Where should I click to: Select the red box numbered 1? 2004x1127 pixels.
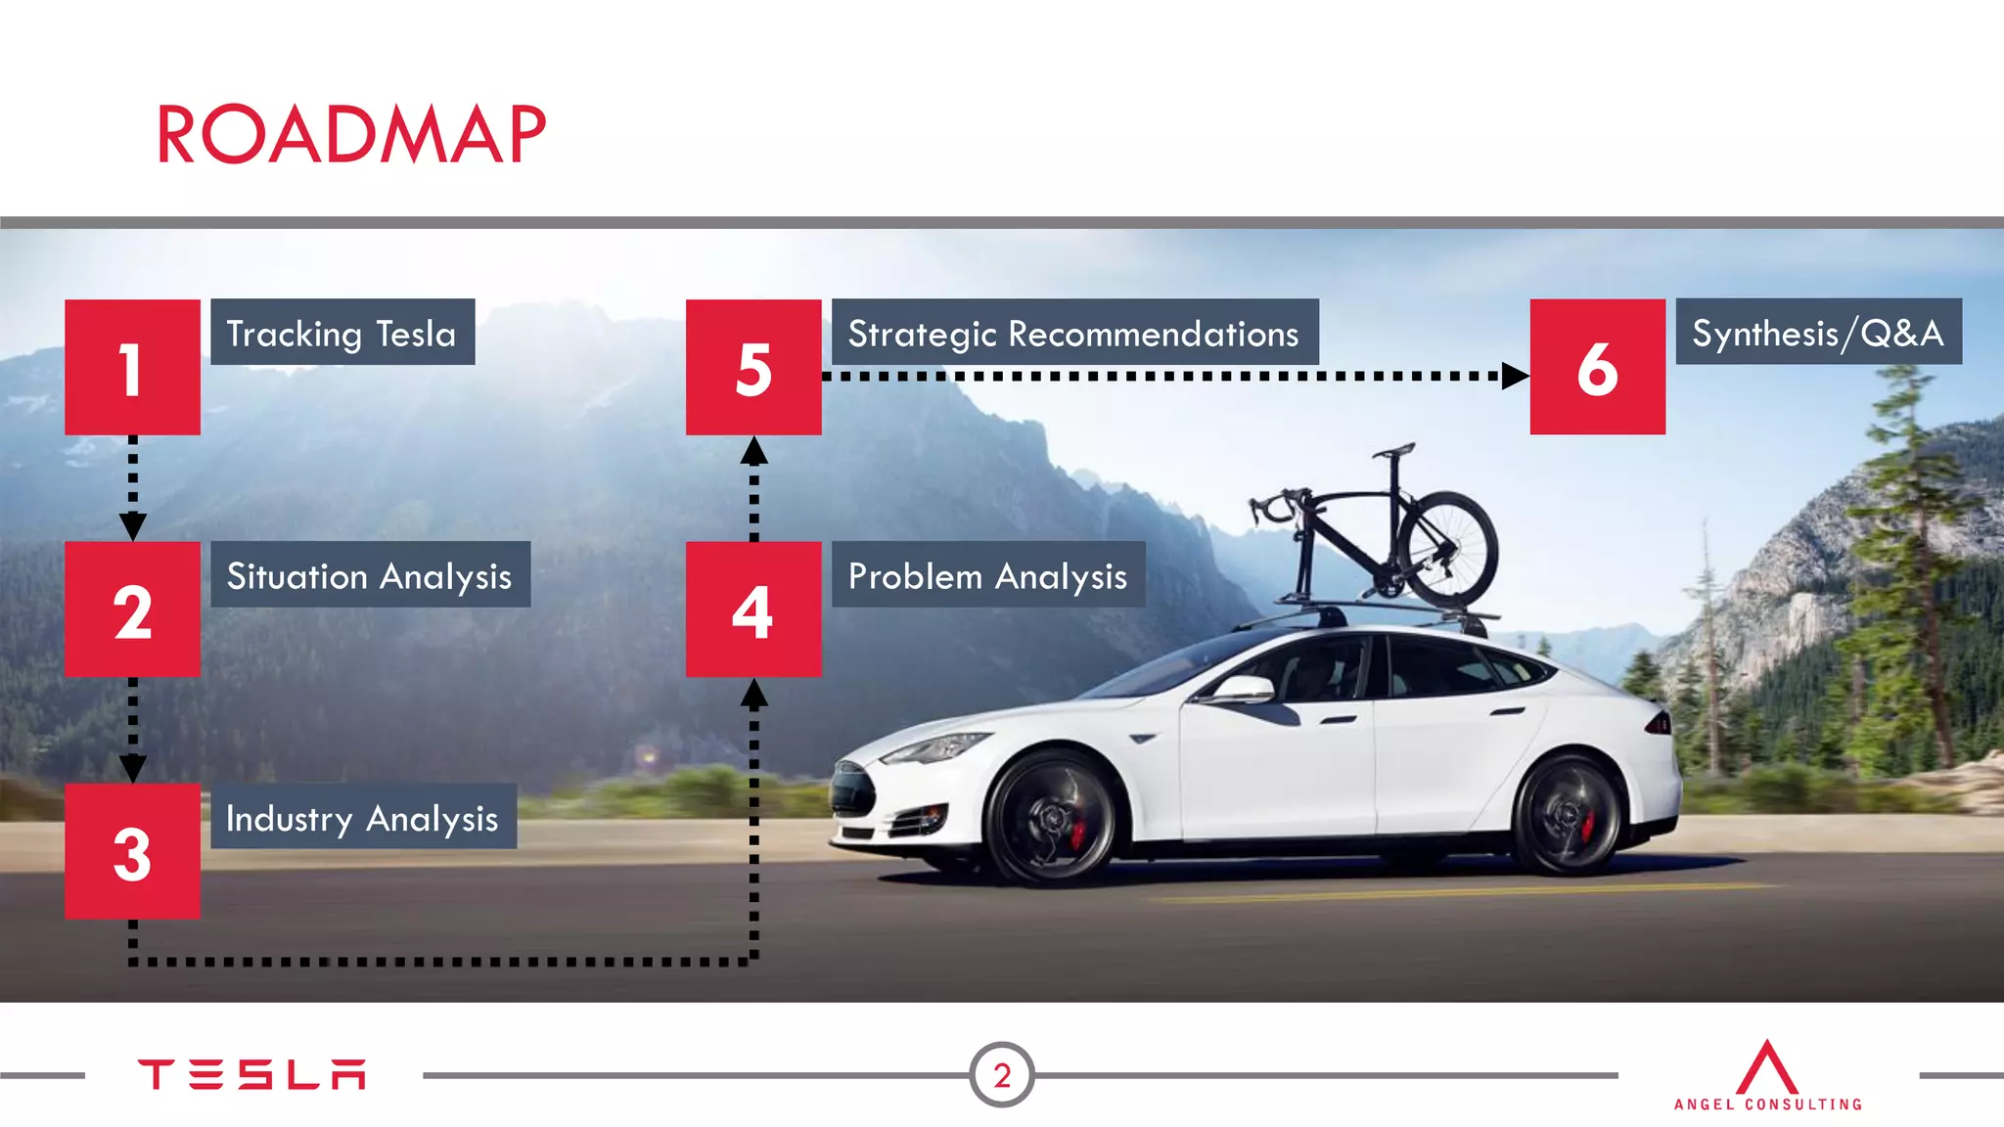click(132, 367)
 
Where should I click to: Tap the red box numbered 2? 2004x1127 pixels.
click(132, 609)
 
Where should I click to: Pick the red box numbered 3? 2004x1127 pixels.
click(132, 850)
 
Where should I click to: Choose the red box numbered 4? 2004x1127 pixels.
click(752, 609)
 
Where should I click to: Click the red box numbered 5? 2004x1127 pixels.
click(752, 367)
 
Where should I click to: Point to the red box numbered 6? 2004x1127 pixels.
click(1597, 367)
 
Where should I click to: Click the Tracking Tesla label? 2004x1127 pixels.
click(342, 333)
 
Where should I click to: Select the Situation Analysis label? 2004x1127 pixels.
click(370, 575)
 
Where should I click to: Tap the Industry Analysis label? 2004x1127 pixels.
click(363, 817)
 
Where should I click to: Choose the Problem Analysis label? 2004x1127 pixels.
click(987, 575)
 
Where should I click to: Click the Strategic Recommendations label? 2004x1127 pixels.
click(1074, 333)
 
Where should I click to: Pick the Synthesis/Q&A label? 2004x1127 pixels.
click(1818, 333)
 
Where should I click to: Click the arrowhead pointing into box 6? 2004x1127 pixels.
click(1515, 376)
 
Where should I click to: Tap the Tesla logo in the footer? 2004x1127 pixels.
click(251, 1074)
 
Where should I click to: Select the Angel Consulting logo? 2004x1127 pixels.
click(1767, 1076)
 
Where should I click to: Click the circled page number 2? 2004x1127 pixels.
click(1001, 1075)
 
